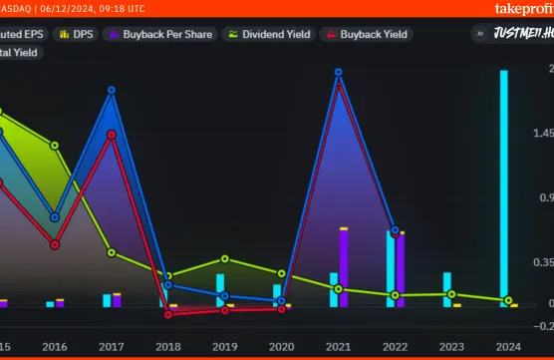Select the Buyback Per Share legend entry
tap(159, 34)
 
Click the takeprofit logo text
tap(522, 9)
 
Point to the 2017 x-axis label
tap(111, 346)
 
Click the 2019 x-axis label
tap(224, 346)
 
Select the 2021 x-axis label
tap(338, 346)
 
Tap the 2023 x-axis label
tap(451, 346)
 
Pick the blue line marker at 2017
tap(111, 90)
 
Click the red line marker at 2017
tap(112, 135)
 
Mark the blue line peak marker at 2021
tap(339, 72)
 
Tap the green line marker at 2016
tap(55, 145)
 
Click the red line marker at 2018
tap(168, 314)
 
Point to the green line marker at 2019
tap(225, 259)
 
